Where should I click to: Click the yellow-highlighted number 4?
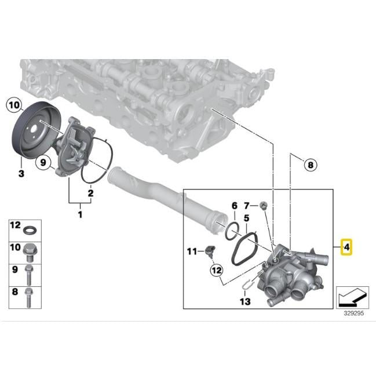[346, 247]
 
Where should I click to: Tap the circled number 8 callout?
[311, 165]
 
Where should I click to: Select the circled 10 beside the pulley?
[14, 105]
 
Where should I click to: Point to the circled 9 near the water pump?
[43, 162]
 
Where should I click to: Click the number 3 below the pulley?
[21, 173]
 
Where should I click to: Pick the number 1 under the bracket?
[80, 214]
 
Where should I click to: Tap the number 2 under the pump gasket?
[90, 193]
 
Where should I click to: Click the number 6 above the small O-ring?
[234, 206]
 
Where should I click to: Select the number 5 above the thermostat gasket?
[246, 218]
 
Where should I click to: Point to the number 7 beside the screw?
[247, 206]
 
